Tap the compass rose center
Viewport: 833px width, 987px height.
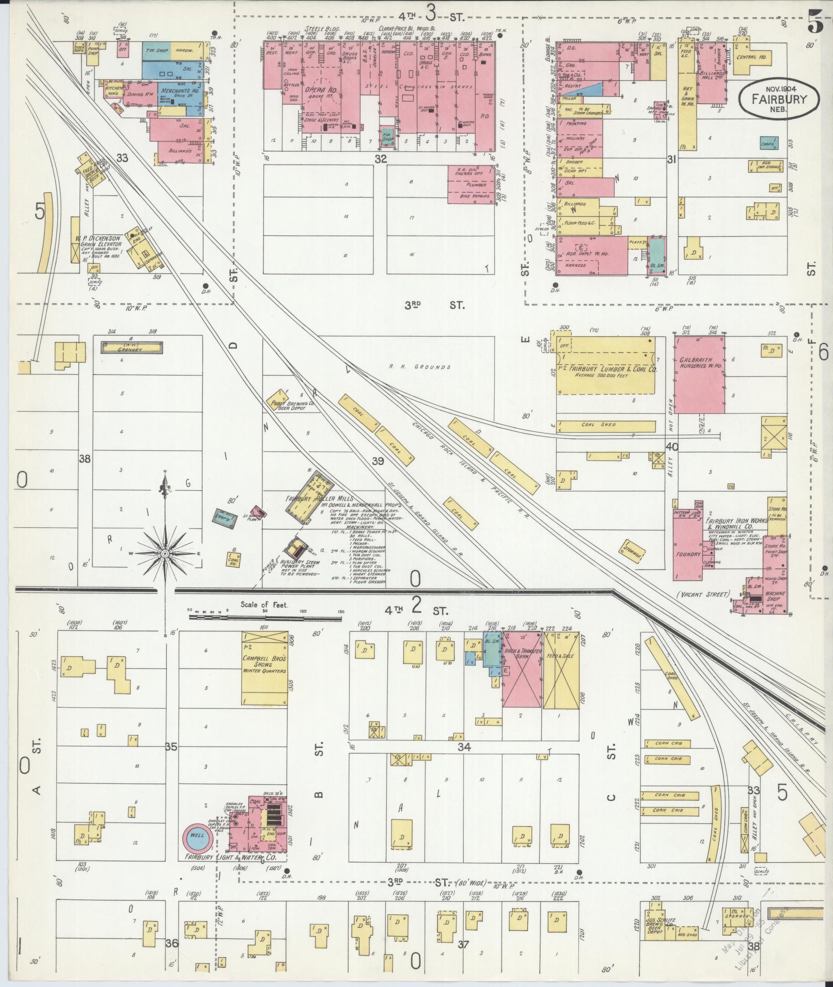pos(165,554)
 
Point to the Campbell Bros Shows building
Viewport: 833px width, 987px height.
pos(265,668)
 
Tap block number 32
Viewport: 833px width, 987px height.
pos(381,159)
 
